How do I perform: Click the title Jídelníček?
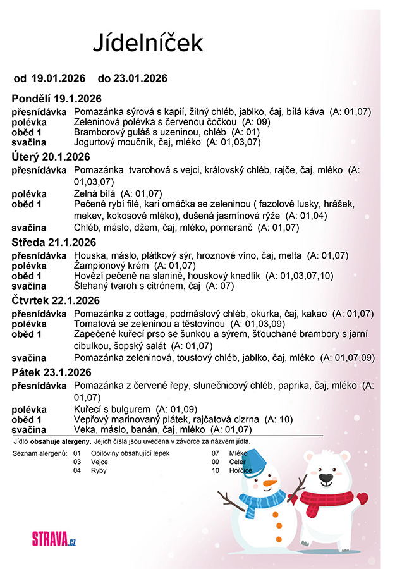pos(148,42)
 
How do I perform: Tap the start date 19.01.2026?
pos(58,78)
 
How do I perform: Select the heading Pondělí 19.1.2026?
pos(56,99)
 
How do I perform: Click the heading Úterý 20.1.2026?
pos(51,156)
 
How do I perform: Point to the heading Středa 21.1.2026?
pos(54,242)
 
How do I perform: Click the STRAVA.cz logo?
pos(54,539)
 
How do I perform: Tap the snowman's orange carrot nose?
pos(270,484)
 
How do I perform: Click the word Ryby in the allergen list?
pos(99,470)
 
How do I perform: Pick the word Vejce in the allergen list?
pos(100,462)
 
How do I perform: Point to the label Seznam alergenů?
pos(40,453)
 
